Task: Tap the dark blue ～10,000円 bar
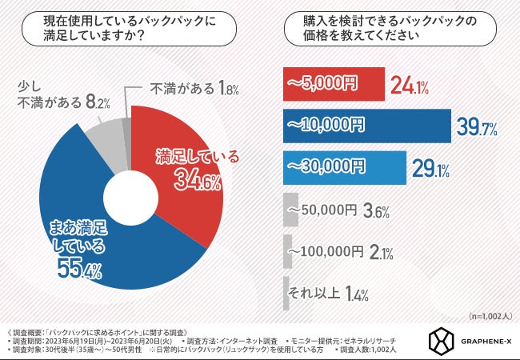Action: (x=367, y=124)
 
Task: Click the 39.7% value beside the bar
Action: (x=478, y=126)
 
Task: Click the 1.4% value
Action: (x=358, y=295)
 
